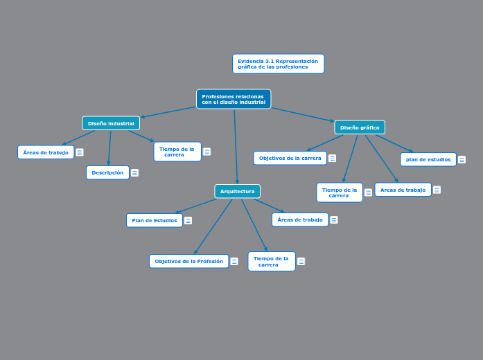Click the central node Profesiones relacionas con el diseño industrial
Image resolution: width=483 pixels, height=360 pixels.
pyautogui.click(x=234, y=99)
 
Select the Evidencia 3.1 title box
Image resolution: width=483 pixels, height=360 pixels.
pyautogui.click(x=278, y=64)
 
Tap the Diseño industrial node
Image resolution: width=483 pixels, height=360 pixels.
pyautogui.click(x=111, y=123)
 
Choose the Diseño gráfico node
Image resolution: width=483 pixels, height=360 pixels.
pyautogui.click(x=360, y=127)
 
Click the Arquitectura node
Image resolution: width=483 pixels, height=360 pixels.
pyautogui.click(x=237, y=191)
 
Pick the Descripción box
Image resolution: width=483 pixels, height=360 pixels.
pyautogui.click(x=107, y=172)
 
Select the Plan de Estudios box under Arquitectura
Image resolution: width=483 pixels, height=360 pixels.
pyautogui.click(x=155, y=220)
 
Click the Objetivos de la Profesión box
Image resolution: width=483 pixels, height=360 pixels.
pyautogui.click(x=188, y=261)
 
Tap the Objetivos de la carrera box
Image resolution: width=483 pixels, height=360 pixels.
pyautogui.click(x=290, y=158)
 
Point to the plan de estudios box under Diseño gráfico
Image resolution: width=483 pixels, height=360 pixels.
pyautogui.click(x=428, y=159)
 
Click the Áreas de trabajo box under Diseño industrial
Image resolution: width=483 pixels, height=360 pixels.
pyautogui.click(x=46, y=152)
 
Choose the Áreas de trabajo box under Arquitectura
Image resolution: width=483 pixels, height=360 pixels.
pyautogui.click(x=300, y=219)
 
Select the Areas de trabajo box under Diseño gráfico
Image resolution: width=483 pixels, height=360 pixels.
pyautogui.click(x=403, y=190)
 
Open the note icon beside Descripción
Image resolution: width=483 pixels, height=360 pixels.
pyautogui.click(x=134, y=173)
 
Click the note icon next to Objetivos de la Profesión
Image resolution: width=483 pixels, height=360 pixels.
pyautogui.click(x=234, y=262)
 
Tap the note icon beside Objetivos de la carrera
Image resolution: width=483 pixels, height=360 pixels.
pyautogui.click(x=332, y=159)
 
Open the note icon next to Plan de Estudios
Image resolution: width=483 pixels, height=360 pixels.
pyautogui.click(x=188, y=221)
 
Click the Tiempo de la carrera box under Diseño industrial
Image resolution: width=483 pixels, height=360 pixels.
pyautogui.click(x=177, y=152)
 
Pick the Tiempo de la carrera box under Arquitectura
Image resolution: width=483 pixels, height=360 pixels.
pyautogui.click(x=271, y=261)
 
